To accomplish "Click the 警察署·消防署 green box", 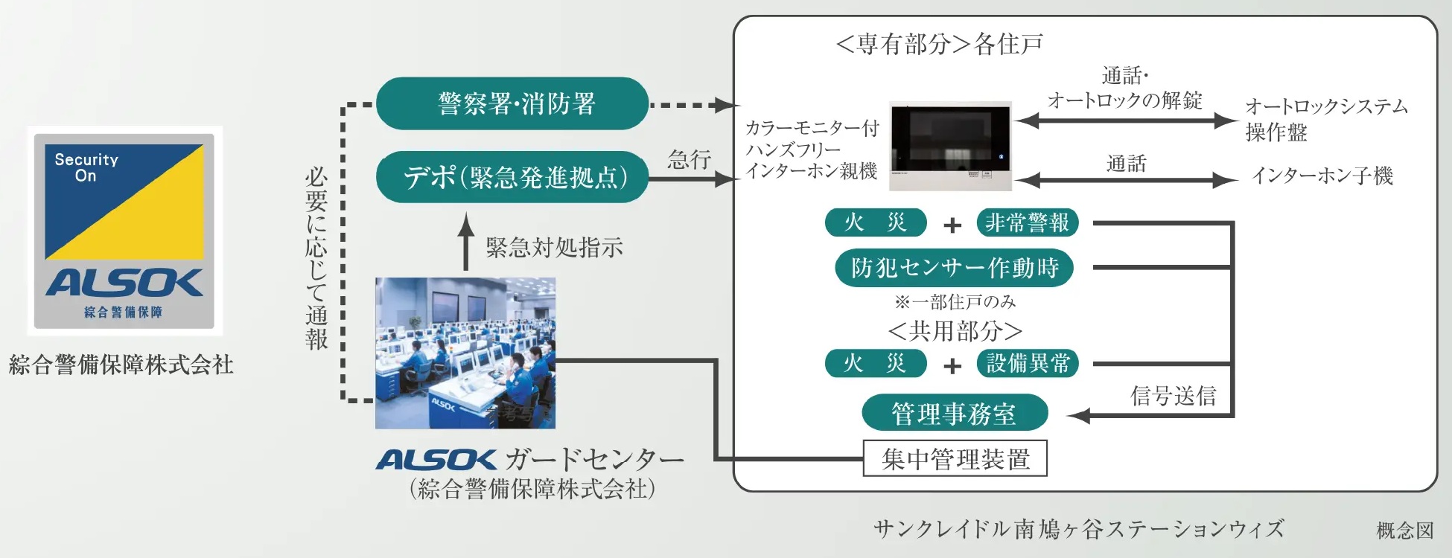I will point(512,103).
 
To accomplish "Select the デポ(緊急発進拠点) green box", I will point(512,177).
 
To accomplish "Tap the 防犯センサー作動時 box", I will point(953,268).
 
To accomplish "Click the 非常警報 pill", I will point(1027,222).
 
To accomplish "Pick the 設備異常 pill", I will point(1027,363).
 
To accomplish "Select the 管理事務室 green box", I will point(954,414).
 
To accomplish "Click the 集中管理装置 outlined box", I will point(955,458).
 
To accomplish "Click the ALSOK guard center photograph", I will point(465,353).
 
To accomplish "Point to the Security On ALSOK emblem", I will point(125,231).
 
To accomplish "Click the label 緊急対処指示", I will point(554,248).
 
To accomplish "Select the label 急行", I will point(689,159).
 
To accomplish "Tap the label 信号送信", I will point(1173,396).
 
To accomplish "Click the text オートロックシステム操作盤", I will point(1325,119).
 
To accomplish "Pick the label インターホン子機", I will point(1322,176).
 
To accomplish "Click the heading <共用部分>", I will point(955,331).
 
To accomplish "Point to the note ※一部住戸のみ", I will point(955,302).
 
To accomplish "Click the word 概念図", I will point(1404,530).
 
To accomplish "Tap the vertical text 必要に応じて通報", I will point(316,258).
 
